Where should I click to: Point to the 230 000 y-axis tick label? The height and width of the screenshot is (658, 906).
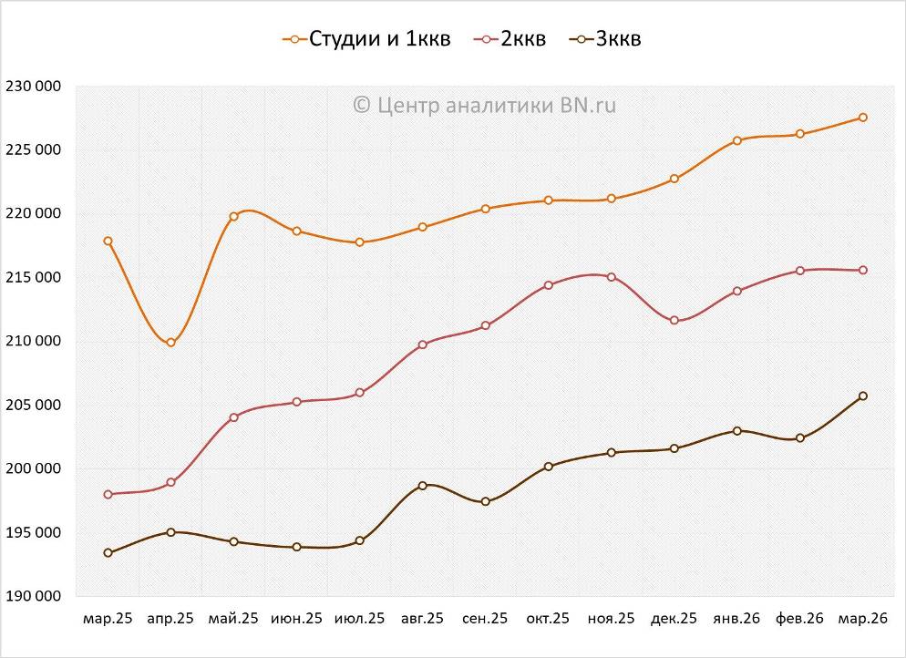[x=33, y=87]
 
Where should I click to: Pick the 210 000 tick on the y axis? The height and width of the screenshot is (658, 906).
[x=33, y=342]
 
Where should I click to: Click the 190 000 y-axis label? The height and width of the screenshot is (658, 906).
[x=33, y=597]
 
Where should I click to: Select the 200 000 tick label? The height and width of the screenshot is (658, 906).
[x=33, y=469]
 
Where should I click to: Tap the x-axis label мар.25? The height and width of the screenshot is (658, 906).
[x=108, y=619]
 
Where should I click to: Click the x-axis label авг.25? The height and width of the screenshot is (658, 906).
[x=422, y=619]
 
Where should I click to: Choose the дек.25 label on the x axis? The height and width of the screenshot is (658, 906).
[x=674, y=619]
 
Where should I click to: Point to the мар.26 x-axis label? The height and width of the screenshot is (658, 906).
[x=862, y=619]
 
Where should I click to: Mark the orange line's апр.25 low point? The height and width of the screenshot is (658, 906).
[x=170, y=343]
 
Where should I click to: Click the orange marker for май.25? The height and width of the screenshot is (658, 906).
[x=233, y=216]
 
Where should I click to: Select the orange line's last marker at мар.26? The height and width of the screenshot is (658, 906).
[x=862, y=118]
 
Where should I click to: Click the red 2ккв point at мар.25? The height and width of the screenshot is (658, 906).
[x=108, y=494]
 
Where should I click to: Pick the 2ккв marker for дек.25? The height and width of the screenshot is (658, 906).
[x=674, y=321]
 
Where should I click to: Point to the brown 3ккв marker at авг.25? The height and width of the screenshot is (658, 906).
[x=422, y=486]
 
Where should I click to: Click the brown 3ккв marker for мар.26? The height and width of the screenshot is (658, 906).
[x=862, y=396]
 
